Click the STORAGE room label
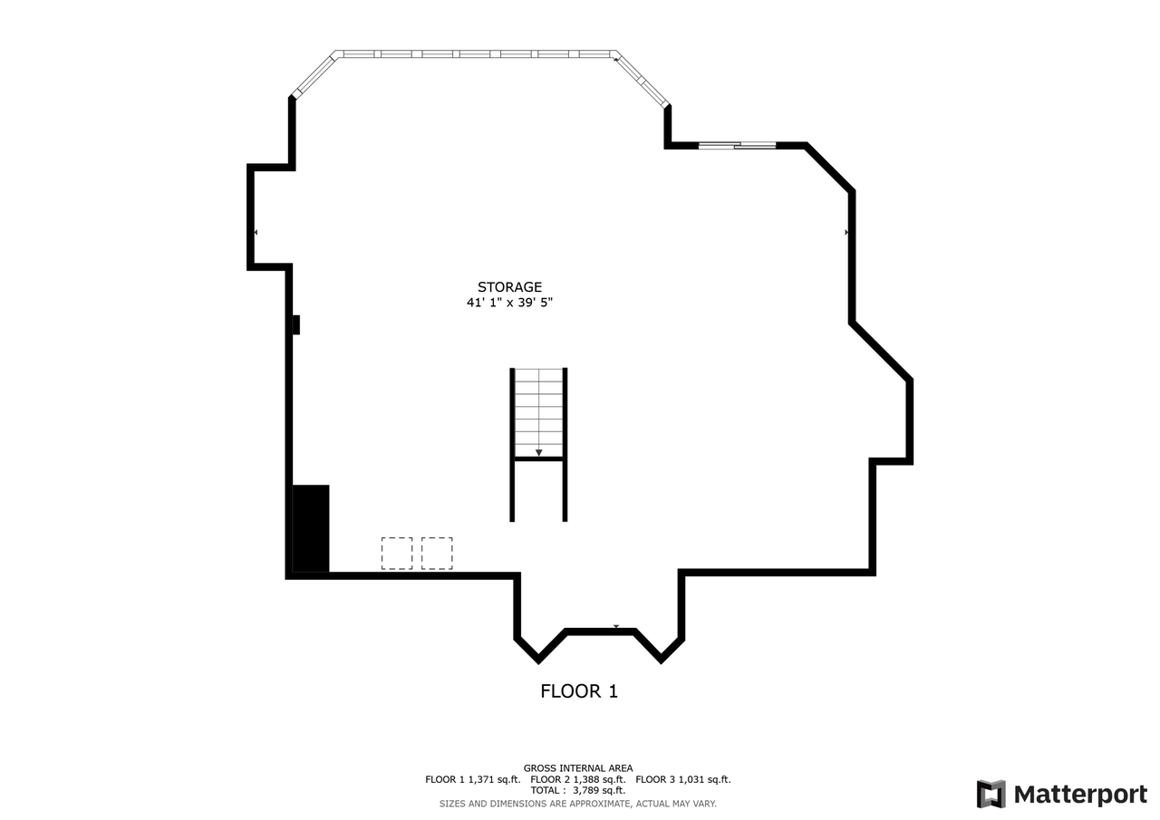tap(509, 287)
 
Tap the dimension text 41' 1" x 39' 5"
tap(509, 303)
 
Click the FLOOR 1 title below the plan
tap(579, 691)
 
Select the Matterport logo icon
tap(991, 794)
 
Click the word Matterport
tap(1080, 795)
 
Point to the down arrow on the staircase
tap(538, 452)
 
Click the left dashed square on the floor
tap(397, 553)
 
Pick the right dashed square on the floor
tap(437, 553)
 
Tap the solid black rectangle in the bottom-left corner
tap(310, 528)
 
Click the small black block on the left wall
tap(295, 324)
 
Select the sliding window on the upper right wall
tap(737, 145)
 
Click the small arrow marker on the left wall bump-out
tap(256, 233)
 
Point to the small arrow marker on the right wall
tap(846, 233)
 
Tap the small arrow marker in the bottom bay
tap(616, 626)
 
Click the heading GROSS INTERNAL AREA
tap(578, 768)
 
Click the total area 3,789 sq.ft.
tap(599, 790)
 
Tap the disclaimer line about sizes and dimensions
tap(578, 804)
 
